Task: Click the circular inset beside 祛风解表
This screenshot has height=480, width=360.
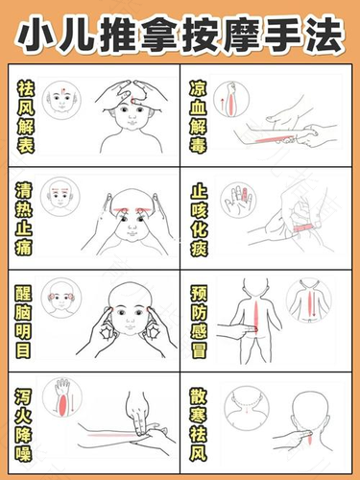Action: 63,100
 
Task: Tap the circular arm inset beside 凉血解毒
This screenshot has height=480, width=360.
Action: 230,100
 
